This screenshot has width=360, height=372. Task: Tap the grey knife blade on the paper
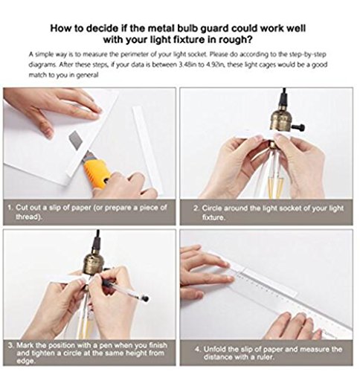(x=74, y=140)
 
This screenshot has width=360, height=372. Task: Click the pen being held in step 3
(x=124, y=288)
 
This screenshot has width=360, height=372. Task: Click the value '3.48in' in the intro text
(x=187, y=65)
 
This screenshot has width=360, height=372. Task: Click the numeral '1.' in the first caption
(x=10, y=208)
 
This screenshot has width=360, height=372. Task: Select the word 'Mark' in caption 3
(x=25, y=345)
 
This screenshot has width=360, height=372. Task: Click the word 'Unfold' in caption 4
(x=214, y=349)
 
